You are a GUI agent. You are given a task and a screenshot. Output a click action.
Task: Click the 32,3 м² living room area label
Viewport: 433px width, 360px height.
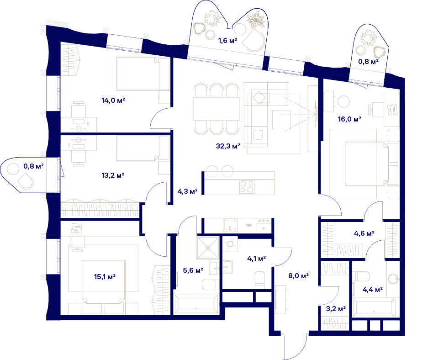tap(228, 146)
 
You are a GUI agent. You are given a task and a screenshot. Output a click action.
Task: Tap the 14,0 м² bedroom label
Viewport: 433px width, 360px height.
tap(113, 101)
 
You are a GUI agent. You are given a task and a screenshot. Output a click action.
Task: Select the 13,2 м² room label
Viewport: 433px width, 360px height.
tap(113, 175)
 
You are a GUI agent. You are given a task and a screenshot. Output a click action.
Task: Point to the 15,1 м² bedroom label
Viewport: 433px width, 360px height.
tap(105, 276)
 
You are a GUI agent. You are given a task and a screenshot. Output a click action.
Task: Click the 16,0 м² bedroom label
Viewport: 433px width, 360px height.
tap(349, 119)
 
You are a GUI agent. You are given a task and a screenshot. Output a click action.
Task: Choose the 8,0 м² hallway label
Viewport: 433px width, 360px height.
tap(298, 275)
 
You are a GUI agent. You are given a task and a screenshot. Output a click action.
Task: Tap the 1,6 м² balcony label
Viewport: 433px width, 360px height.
tap(228, 41)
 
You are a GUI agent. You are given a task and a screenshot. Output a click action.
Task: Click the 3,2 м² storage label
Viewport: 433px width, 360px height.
tap(336, 309)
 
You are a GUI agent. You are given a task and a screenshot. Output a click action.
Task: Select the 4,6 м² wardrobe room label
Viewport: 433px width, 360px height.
tap(364, 233)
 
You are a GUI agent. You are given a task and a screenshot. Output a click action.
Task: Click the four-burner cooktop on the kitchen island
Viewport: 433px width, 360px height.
tap(247, 187)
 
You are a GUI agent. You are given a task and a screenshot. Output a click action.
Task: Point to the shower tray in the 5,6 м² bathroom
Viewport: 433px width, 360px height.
tap(208, 248)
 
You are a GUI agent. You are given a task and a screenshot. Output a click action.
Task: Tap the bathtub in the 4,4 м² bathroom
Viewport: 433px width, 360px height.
tap(374, 307)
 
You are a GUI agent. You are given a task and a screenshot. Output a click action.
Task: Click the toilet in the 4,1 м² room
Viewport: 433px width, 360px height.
tap(259, 280)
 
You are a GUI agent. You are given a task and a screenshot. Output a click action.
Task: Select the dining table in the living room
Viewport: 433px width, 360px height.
tap(216, 109)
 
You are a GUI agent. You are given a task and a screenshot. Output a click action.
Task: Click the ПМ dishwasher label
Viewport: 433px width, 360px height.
tap(248, 225)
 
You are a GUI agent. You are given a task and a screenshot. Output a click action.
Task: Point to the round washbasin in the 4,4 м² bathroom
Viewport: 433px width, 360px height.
tap(393, 279)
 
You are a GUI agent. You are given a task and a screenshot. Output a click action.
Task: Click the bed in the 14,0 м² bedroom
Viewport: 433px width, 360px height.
tap(143, 74)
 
